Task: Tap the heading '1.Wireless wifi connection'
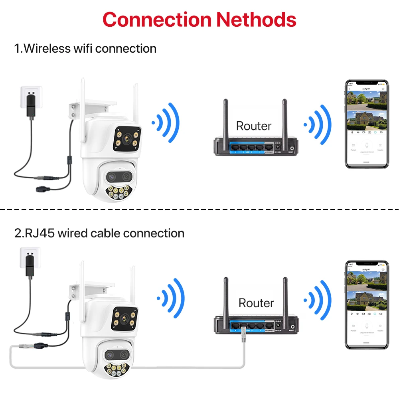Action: coord(85,49)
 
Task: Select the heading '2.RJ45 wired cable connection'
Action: coord(99,233)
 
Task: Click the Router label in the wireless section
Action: coord(254,126)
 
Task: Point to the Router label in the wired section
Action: coord(256,303)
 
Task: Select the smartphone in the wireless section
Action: coord(367,124)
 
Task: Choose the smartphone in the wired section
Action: coord(367,305)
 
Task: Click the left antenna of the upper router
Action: coord(225,118)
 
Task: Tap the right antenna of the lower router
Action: coord(285,295)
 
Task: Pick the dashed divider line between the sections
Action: coord(199,209)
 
